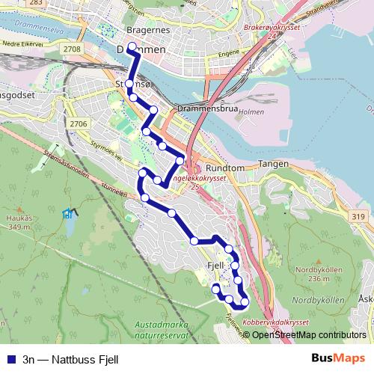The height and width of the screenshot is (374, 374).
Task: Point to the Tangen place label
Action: click(x=273, y=163)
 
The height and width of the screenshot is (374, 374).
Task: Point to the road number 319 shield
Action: click(x=356, y=216)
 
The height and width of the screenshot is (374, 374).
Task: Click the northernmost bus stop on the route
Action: click(x=132, y=47)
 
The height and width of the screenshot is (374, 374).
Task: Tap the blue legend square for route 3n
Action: click(x=11, y=358)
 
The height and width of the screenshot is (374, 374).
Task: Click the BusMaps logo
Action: click(x=337, y=358)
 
